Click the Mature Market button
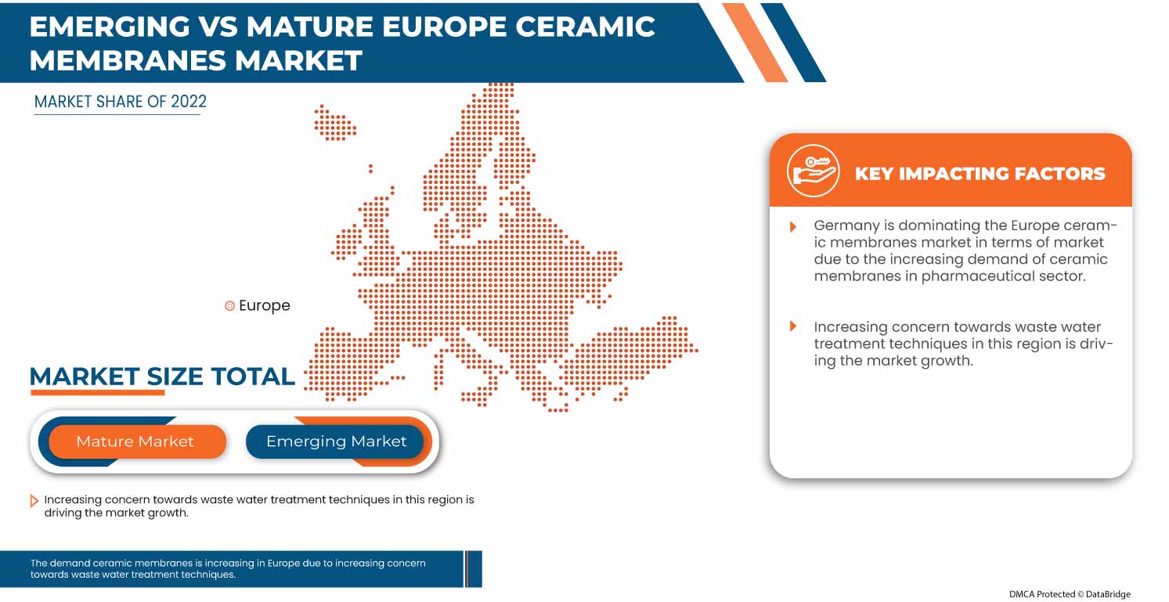point(135,442)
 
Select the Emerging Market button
point(336,442)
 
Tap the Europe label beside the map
point(265,306)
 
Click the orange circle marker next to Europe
point(229,306)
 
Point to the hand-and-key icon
point(813,171)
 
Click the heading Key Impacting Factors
point(980,173)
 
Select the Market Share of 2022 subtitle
point(121,102)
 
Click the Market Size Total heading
point(162,377)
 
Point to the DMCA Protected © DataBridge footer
point(1070,594)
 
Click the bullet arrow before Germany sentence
point(793,226)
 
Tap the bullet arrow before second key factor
point(793,326)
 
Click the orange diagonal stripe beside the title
point(755,42)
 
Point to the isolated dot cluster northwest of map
point(334,124)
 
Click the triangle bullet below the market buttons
point(34,501)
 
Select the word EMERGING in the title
point(110,27)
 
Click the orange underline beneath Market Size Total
point(97,391)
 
